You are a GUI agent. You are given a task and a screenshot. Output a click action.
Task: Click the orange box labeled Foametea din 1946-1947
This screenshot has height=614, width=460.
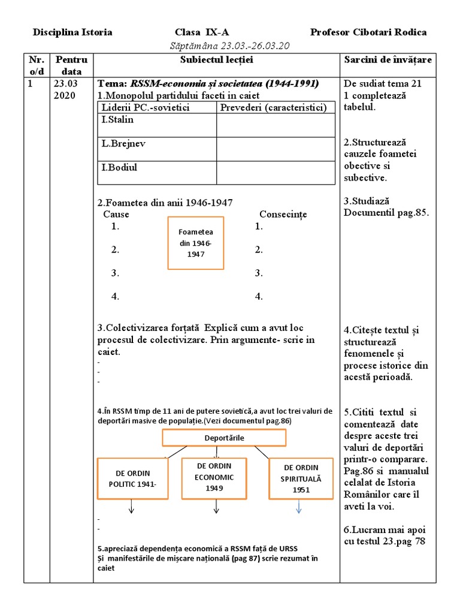click(195, 242)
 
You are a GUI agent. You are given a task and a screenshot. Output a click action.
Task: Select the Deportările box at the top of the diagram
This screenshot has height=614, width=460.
click(225, 438)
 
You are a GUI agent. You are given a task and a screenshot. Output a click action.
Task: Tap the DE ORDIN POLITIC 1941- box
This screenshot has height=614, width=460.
click(132, 477)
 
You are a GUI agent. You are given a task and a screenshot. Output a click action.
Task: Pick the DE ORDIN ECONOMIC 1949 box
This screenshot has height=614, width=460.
click(214, 477)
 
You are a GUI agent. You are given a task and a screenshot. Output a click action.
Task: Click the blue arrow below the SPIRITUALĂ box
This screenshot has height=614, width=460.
click(299, 508)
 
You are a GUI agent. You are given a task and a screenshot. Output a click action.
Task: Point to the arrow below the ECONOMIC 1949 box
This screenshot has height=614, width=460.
click(215, 508)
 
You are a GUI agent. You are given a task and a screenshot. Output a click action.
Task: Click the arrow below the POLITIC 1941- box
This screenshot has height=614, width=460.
click(131, 508)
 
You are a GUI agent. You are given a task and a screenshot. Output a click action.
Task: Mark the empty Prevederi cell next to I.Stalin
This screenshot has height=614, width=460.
click(275, 125)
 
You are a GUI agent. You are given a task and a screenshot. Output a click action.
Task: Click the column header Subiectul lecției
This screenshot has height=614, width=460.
click(216, 60)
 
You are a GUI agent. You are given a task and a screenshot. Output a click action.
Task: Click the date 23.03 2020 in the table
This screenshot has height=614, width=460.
click(63, 90)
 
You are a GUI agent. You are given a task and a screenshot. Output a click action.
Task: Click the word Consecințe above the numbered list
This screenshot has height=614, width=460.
click(283, 214)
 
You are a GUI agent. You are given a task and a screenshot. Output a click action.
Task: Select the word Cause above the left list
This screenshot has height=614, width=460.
click(116, 214)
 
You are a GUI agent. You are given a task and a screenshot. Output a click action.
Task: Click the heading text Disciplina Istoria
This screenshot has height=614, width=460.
click(72, 32)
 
